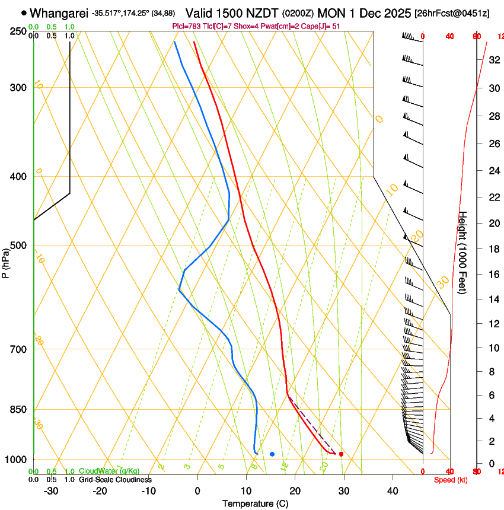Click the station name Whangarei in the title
pyautogui.click(x=59, y=12)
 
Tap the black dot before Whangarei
pyautogui.click(x=24, y=12)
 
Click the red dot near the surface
pyautogui.click(x=341, y=454)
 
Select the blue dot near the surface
pyautogui.click(x=272, y=454)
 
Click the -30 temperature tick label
pyautogui.click(x=51, y=491)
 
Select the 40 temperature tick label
pyautogui.click(x=393, y=491)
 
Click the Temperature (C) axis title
pyautogui.click(x=255, y=503)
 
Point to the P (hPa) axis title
pyautogui.click(x=6, y=262)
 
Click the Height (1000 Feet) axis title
pyautogui.click(x=463, y=252)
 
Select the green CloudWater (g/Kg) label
pyautogui.click(x=109, y=471)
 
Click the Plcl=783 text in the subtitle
pyautogui.click(x=183, y=26)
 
